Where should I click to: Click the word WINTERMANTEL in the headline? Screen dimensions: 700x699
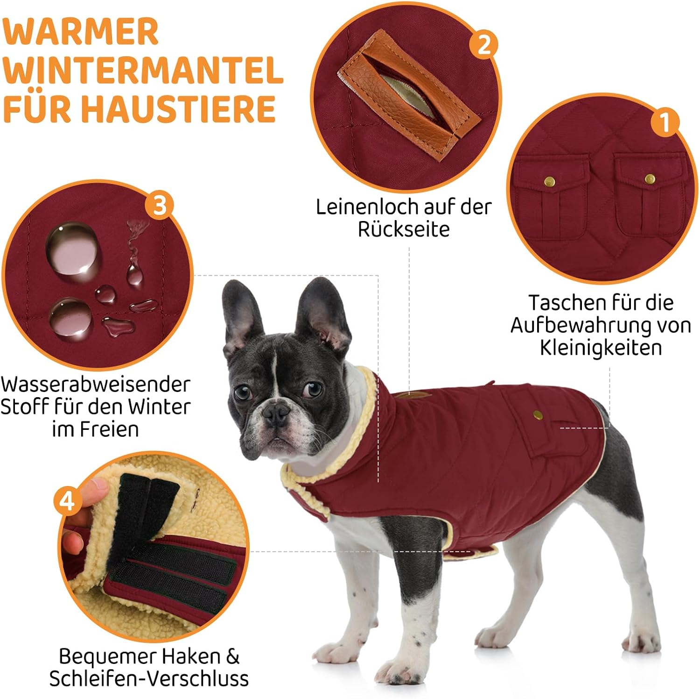click(143, 70)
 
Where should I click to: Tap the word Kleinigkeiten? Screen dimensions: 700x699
click(601, 348)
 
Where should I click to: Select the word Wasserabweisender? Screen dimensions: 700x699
click(95, 385)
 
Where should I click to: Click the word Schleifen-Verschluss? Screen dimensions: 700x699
click(149, 678)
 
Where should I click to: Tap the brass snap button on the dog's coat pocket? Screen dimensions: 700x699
click(537, 414)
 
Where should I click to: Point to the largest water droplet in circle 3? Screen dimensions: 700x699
click(74, 250)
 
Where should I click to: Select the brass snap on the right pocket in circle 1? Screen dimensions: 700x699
click(649, 178)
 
